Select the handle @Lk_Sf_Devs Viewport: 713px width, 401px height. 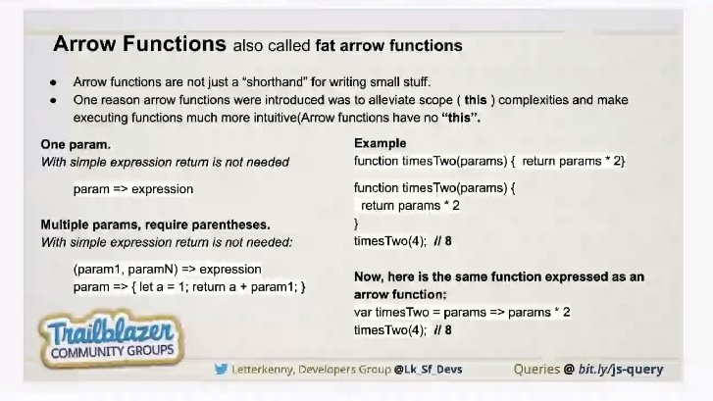tap(428, 370)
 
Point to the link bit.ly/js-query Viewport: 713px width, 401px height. tap(621, 370)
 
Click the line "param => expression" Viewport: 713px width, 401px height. tap(133, 189)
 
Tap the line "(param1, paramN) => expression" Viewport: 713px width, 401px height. tap(167, 269)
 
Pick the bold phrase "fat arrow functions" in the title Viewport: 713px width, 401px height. tap(388, 46)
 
